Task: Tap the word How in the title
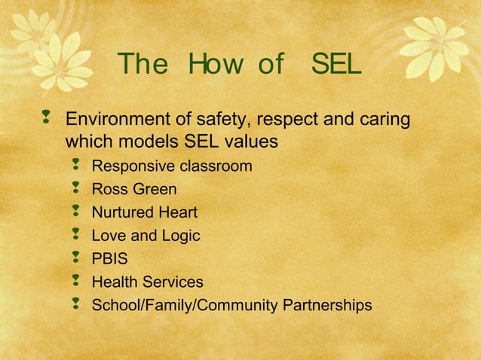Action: coord(206,66)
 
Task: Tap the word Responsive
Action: coord(133,166)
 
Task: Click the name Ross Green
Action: coord(134,189)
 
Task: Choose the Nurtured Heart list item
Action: coord(145,212)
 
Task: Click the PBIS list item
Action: coord(110,259)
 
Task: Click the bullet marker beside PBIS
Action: coord(75,258)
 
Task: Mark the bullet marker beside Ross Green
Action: coord(75,188)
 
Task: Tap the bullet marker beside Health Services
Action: coord(75,282)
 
